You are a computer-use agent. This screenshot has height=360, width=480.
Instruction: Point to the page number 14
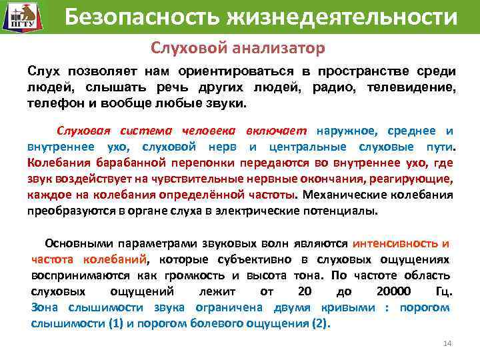tap(447, 343)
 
